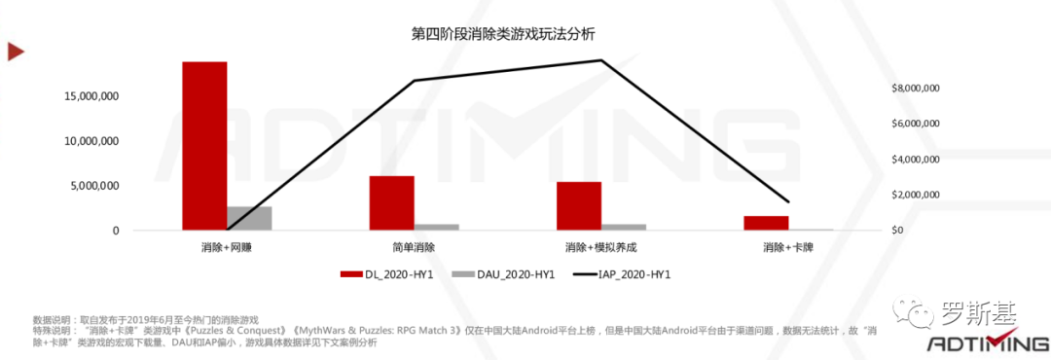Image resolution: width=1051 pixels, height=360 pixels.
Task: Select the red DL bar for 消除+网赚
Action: (204, 146)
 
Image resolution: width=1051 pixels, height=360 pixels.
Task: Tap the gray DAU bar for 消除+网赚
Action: (249, 218)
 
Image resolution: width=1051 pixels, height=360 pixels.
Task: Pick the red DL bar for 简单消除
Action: (391, 202)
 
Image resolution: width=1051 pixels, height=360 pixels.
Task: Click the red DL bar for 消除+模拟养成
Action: (579, 205)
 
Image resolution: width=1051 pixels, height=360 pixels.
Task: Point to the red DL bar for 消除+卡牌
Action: (766, 223)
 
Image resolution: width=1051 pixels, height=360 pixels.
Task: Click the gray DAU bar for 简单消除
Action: (436, 227)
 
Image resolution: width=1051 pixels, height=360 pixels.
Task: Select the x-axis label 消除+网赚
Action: (227, 247)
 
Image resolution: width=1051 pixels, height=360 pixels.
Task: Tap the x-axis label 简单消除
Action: (414, 247)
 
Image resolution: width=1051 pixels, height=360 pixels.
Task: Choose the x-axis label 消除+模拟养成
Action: (601, 247)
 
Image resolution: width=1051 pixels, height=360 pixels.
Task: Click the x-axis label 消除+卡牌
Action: (788, 247)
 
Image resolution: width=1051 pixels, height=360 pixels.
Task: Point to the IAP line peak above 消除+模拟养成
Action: (601, 60)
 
